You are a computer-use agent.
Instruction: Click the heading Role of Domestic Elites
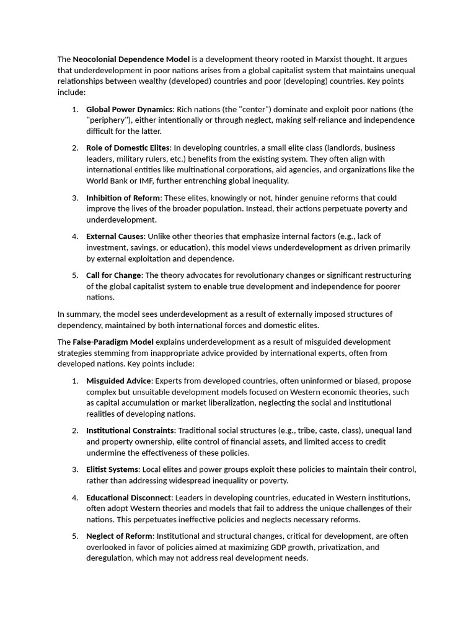click(x=128, y=148)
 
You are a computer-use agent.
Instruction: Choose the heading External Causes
click(x=115, y=236)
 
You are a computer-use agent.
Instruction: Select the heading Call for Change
click(x=113, y=275)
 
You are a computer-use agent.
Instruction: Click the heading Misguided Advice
click(x=118, y=381)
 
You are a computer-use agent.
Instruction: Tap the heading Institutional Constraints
click(x=131, y=430)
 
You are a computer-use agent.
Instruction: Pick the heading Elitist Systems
click(x=112, y=469)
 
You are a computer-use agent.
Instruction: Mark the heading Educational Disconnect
click(x=130, y=497)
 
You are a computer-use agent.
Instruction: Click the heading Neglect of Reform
click(x=119, y=536)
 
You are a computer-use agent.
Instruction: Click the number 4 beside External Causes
click(x=74, y=236)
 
